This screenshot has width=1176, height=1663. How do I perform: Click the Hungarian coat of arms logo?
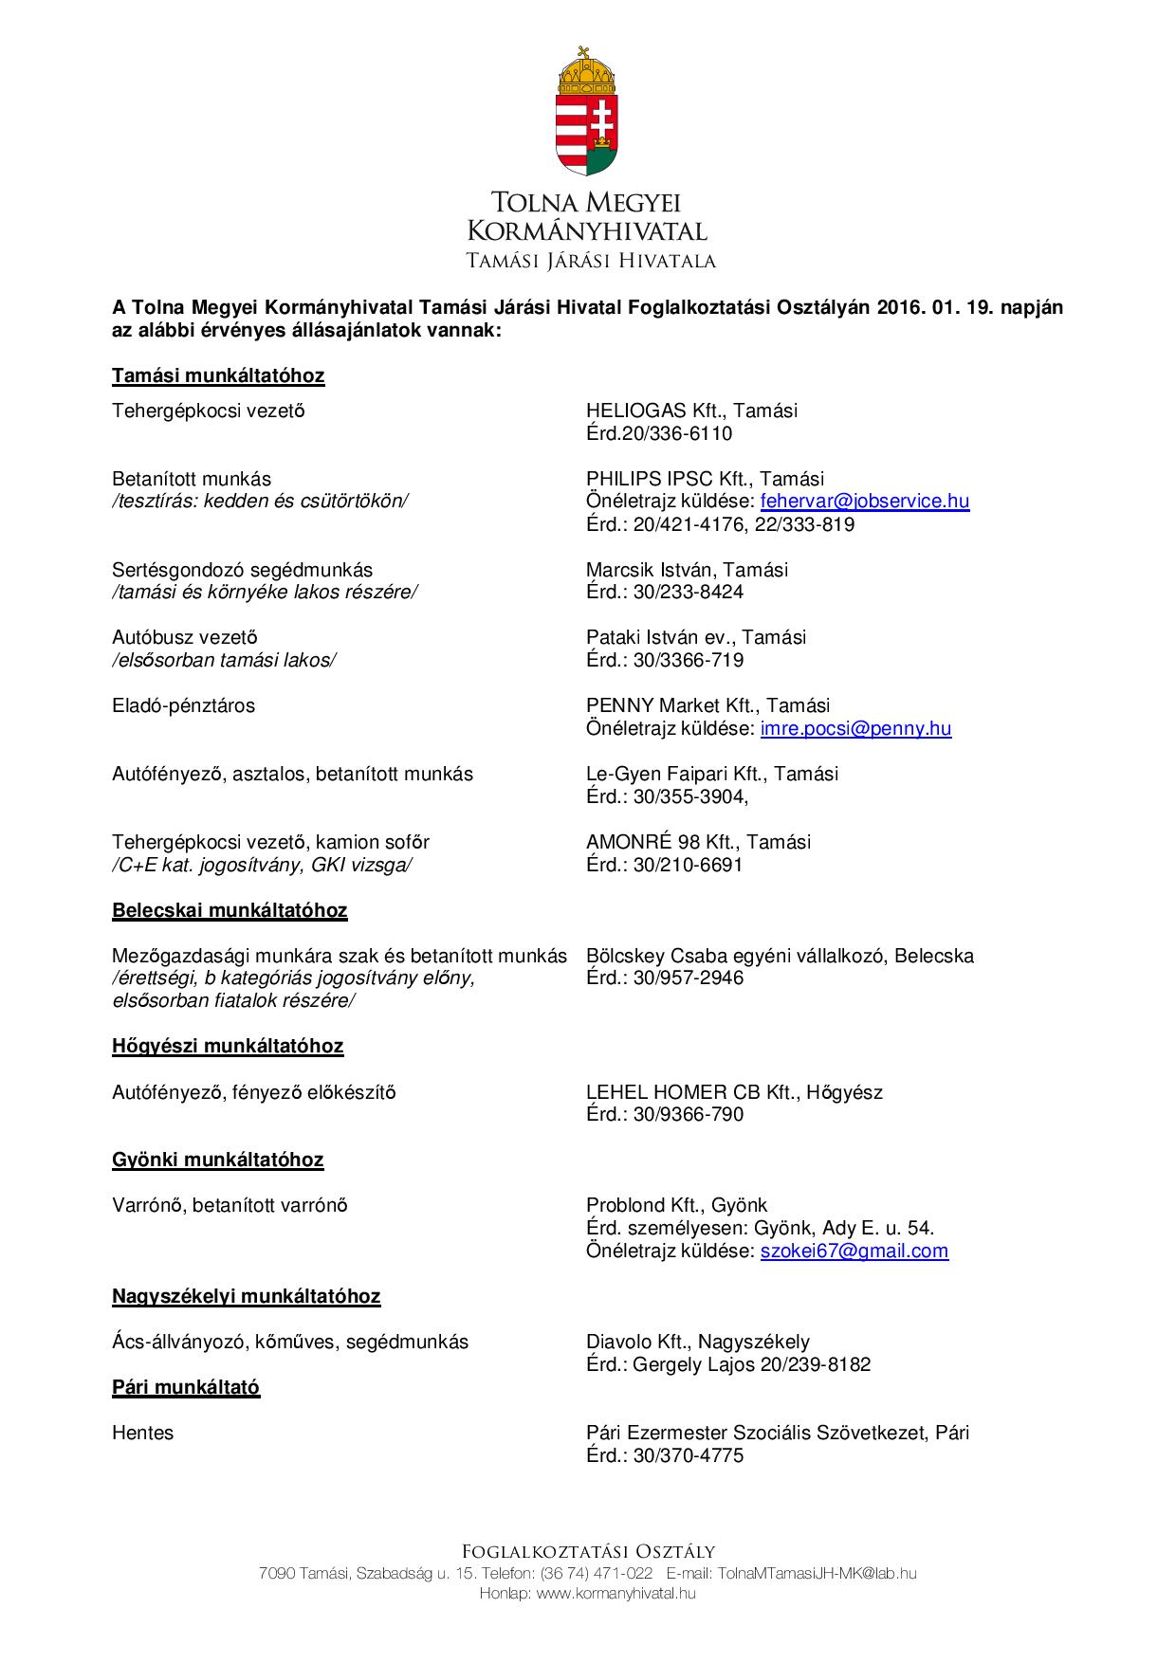pos(587,112)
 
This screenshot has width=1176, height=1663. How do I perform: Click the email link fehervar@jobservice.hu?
pos(864,502)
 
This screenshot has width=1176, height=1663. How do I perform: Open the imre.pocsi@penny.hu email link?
pos(855,729)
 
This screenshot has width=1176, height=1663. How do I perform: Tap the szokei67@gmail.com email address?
pos(854,1252)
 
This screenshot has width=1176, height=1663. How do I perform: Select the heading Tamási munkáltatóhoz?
pos(218,376)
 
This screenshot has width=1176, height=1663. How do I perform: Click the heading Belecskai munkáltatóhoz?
pos(230,911)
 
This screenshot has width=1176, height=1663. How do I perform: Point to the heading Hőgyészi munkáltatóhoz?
pos(228,1047)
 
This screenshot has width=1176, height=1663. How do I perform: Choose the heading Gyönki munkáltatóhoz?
pos(218,1160)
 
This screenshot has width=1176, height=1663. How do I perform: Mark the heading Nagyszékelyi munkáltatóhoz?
pos(247,1297)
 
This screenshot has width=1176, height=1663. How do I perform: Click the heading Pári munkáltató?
pos(186,1388)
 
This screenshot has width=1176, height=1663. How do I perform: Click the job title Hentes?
pos(143,1434)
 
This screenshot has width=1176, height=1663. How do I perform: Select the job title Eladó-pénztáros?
pos(183,706)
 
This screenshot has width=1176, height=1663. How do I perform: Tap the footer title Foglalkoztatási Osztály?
pos(588,1552)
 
